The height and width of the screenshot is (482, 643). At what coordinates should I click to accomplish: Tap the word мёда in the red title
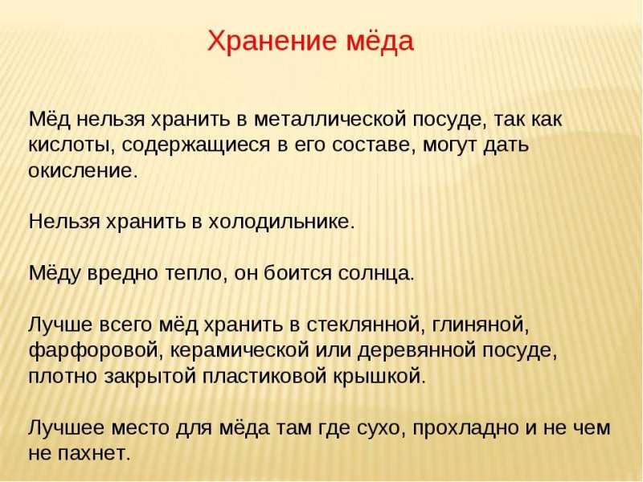coord(380,40)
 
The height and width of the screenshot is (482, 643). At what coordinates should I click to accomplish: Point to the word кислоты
coord(72,145)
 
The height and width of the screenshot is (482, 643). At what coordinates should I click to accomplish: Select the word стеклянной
coord(365,325)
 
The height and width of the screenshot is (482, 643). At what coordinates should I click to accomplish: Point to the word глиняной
coord(480,325)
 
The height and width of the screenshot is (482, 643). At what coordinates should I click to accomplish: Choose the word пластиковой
coord(264,376)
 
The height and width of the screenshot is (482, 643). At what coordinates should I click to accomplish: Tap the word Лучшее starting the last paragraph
coord(66,428)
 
